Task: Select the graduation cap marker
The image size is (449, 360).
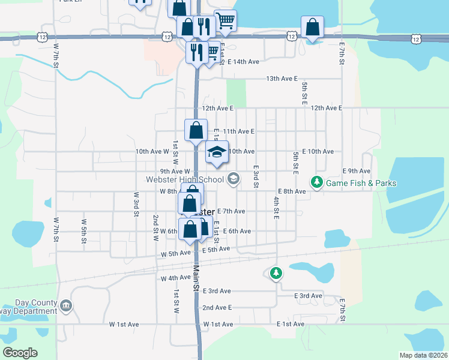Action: [217, 152]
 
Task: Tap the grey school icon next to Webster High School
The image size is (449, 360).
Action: [234, 179]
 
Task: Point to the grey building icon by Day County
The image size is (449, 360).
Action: [66, 306]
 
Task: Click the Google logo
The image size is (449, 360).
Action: [20, 353]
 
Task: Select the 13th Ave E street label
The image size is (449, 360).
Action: [282, 79]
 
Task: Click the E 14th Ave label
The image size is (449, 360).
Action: [243, 62]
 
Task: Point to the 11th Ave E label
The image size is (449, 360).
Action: [238, 131]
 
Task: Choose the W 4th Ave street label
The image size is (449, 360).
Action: [175, 278]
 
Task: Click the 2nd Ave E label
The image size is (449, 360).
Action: [217, 307]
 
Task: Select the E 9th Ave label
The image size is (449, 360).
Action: [357, 171]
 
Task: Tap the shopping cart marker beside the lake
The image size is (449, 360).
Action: [225, 21]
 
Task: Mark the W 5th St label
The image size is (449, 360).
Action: [83, 229]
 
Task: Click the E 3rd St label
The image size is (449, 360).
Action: [256, 178]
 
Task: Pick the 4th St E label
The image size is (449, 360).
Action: [277, 208]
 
